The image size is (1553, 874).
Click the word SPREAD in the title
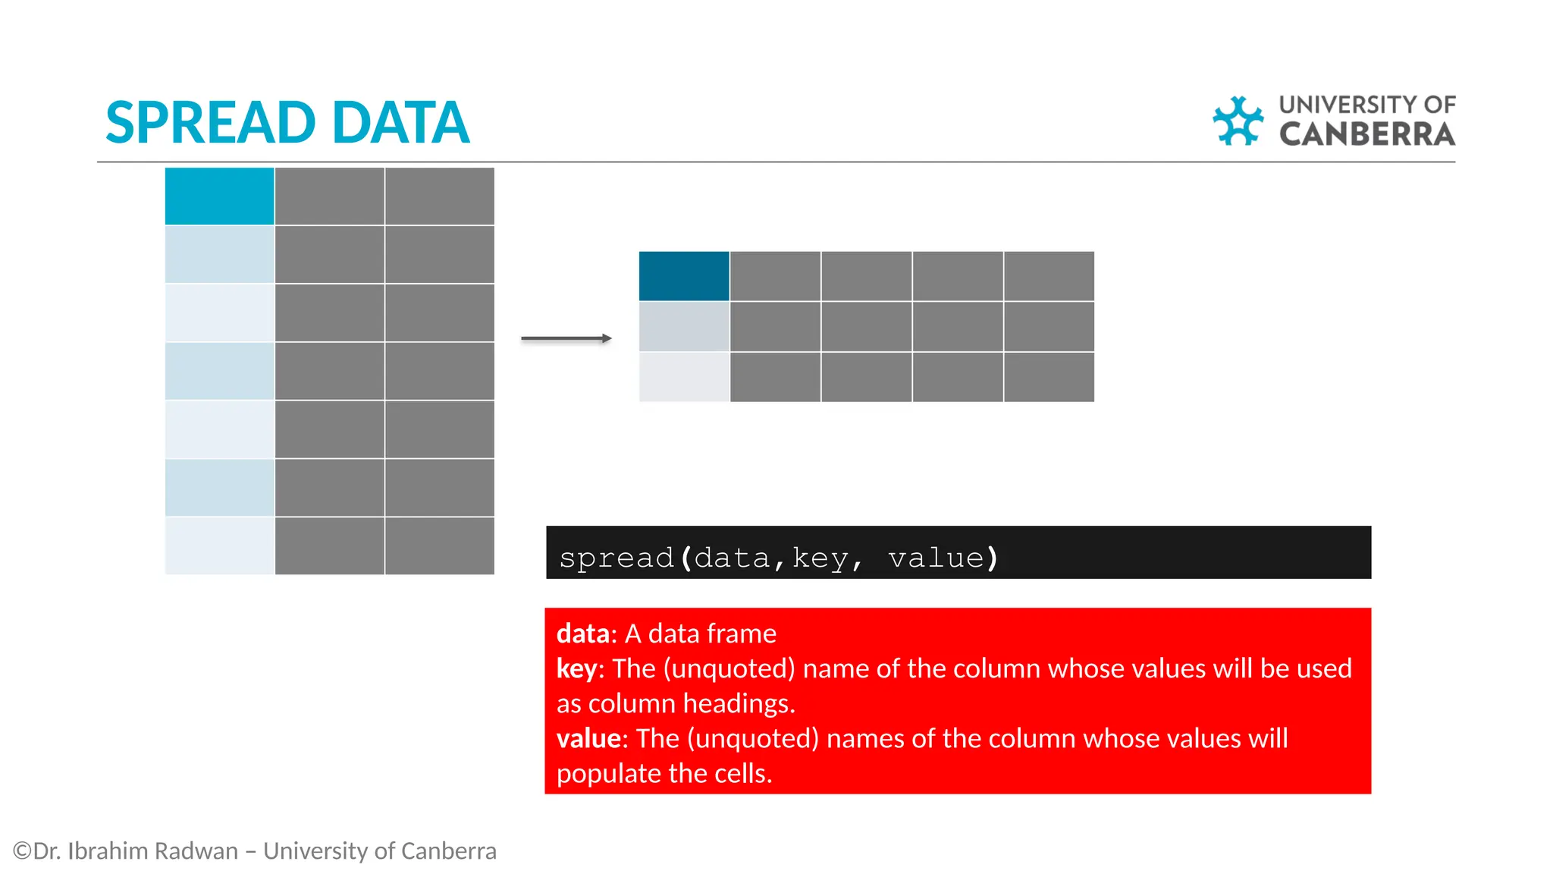click(x=210, y=123)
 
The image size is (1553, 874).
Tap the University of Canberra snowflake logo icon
click(x=1238, y=121)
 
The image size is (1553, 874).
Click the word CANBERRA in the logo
click(x=1366, y=134)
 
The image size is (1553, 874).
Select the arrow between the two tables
click(x=566, y=338)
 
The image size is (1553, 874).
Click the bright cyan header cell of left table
click(x=219, y=196)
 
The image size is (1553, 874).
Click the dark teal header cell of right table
click(x=683, y=276)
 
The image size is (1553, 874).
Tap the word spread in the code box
click(x=616, y=558)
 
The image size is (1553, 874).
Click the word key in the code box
click(x=820, y=558)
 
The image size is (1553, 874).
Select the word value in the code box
click(x=936, y=558)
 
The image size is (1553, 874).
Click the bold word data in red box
click(x=582, y=633)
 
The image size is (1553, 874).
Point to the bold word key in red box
click(x=576, y=668)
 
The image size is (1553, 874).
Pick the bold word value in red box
click(x=588, y=738)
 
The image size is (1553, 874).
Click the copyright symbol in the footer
click(x=22, y=850)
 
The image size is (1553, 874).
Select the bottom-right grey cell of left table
click(x=439, y=546)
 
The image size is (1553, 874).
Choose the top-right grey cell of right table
click(x=1049, y=276)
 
